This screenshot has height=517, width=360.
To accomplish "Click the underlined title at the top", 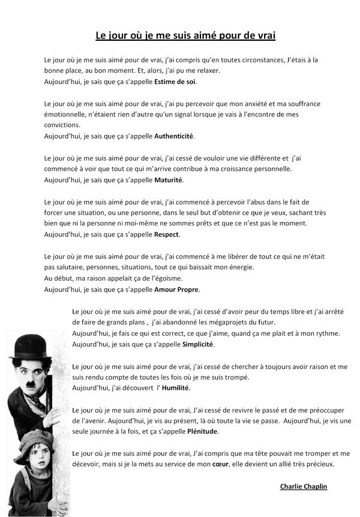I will click(185, 35).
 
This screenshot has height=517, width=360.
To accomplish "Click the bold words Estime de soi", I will click(175, 82).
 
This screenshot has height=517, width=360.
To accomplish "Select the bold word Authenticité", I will click(174, 136).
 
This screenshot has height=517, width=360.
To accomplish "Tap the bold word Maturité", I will click(169, 180).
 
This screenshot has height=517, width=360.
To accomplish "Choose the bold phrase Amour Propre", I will click(177, 289).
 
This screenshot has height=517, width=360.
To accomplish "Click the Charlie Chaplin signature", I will click(304, 486).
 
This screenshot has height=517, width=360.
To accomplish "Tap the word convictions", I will click(62, 125).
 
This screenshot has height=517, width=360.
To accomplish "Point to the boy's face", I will click(37, 460).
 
